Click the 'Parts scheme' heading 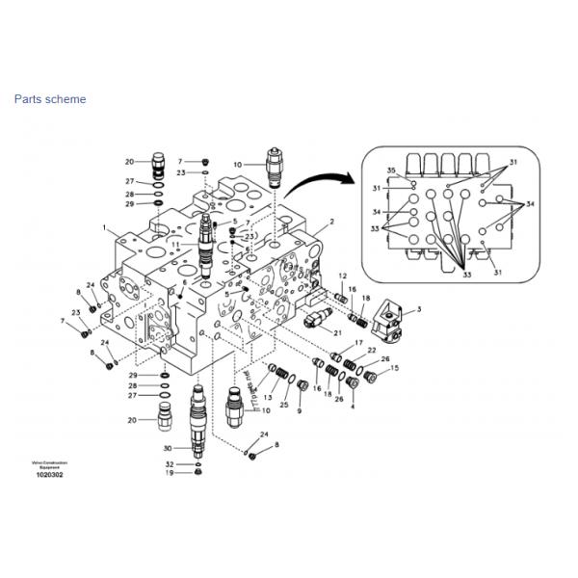pos(49,99)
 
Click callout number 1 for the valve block pos(103,227)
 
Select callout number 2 pos(332,222)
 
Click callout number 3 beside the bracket pos(419,309)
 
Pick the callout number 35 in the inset pos(391,171)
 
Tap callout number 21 pos(337,332)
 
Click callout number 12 pos(341,276)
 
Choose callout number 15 pos(393,369)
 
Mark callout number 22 pos(371,351)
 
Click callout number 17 pos(358,344)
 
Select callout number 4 pos(352,407)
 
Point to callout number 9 pos(299,410)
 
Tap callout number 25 pos(283,405)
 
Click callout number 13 pos(269,397)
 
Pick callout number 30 pos(168,449)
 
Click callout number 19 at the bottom pos(168,473)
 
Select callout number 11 pos(175,246)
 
